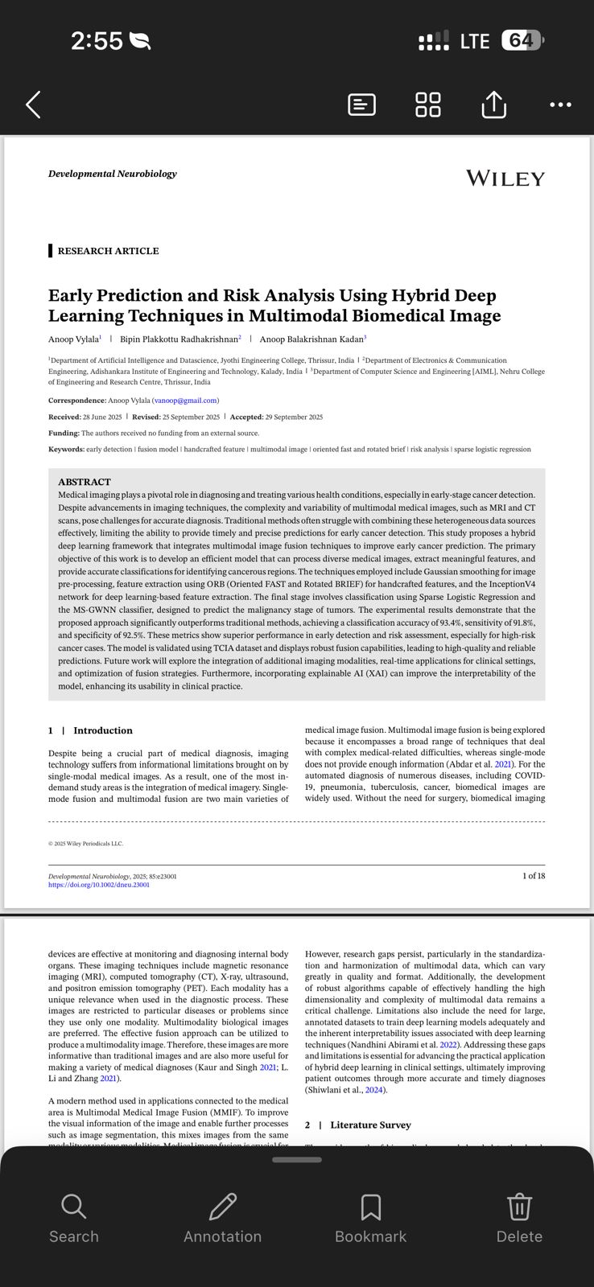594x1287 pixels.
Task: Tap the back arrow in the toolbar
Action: pos(33,105)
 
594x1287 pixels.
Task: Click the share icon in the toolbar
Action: pos(493,105)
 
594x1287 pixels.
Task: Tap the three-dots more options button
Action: pos(560,105)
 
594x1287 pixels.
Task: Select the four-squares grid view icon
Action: pos(427,105)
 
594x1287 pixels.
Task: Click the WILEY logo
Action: pos(505,179)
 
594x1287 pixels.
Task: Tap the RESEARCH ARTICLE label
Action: pos(108,251)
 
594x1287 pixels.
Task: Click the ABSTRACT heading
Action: pos(85,482)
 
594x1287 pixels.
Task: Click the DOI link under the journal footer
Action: pos(99,885)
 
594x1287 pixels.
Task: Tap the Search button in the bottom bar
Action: pos(73,1219)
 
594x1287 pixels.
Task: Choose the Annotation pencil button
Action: pos(222,1219)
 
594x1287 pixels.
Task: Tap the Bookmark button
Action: pos(370,1219)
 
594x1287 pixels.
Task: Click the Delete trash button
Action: pos(519,1219)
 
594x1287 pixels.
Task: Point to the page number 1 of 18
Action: pos(533,875)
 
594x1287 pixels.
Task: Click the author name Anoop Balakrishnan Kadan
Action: pos(311,339)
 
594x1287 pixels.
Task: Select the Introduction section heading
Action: pos(102,730)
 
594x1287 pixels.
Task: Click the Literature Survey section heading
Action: pos(370,1125)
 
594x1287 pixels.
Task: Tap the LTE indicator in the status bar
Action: pos(475,41)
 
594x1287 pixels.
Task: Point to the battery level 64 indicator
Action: pos(522,40)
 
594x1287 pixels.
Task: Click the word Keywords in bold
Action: pos(66,449)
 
